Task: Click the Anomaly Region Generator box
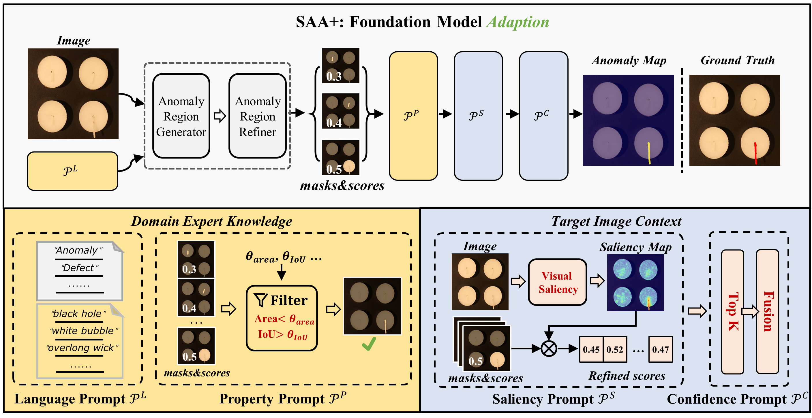point(181,116)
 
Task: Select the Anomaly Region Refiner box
point(257,116)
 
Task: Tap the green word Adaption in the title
point(517,22)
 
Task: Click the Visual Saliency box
point(557,282)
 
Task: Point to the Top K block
point(733,312)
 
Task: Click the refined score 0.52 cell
point(615,349)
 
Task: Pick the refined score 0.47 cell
point(660,349)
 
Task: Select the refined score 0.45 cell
point(591,349)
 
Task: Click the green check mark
point(369,344)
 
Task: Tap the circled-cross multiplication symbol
point(549,349)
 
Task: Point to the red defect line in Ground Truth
point(755,153)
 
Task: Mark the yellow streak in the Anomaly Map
point(649,153)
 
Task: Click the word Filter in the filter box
point(289,300)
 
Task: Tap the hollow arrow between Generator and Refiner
point(220,116)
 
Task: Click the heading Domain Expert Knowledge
point(211,221)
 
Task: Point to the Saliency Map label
point(635,247)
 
